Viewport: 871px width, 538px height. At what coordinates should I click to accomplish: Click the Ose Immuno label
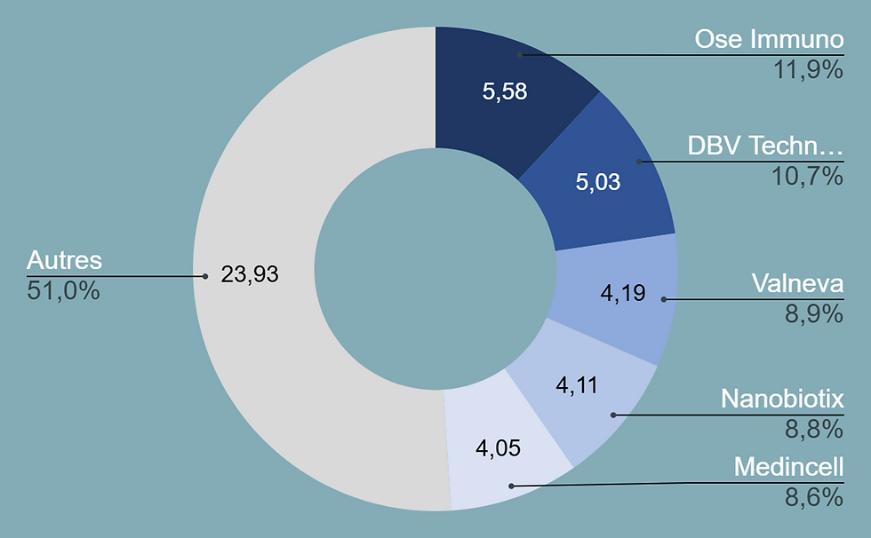tap(769, 40)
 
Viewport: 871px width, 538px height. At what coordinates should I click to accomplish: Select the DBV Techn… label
tap(765, 146)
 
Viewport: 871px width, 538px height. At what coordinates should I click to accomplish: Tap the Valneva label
tap(797, 284)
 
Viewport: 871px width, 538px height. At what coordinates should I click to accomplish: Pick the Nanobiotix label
tap(782, 400)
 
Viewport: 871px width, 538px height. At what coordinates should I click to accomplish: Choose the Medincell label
tap(788, 467)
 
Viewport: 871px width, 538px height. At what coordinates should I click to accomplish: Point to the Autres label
tap(65, 261)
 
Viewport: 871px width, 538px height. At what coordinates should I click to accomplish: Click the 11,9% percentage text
tap(807, 70)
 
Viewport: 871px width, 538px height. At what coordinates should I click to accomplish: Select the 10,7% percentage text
tap(807, 177)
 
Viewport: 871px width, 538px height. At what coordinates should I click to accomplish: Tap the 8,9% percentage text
tap(812, 314)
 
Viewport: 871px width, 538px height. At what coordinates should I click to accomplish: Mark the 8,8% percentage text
tap(812, 430)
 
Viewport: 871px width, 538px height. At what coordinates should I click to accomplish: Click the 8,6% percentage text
tap(812, 497)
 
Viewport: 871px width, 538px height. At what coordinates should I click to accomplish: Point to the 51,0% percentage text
tap(63, 291)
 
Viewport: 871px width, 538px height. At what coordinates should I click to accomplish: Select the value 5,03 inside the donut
tap(597, 183)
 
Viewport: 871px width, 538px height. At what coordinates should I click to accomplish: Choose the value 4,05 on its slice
tap(498, 448)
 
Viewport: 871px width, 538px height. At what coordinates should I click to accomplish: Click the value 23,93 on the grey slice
tap(250, 275)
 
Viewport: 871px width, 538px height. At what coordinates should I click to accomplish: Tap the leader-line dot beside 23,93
tap(204, 276)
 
